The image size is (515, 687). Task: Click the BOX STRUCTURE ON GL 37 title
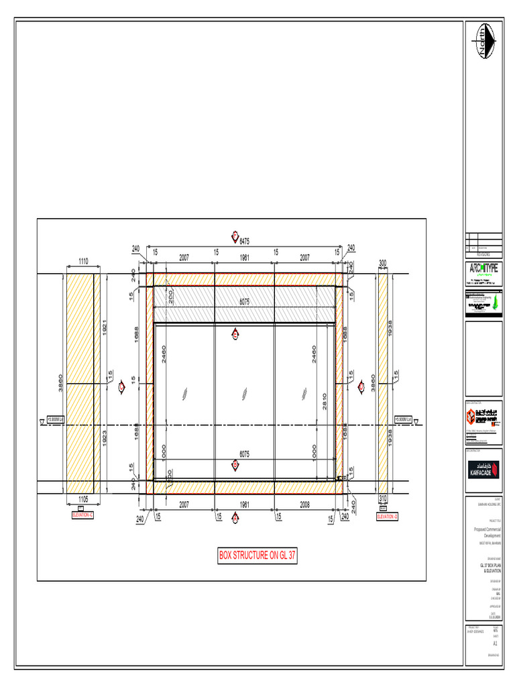point(257,556)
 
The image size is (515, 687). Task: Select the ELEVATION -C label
point(82,515)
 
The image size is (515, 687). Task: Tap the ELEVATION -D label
point(387,516)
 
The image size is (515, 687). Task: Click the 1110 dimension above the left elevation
point(83,260)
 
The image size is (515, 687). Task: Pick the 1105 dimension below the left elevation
point(84,499)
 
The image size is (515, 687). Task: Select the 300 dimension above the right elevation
point(383,264)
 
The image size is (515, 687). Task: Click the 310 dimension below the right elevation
point(383,498)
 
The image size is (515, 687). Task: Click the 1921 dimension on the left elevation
point(105,329)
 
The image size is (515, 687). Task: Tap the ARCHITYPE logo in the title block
point(483,270)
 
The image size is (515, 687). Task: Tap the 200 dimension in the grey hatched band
point(171,297)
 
